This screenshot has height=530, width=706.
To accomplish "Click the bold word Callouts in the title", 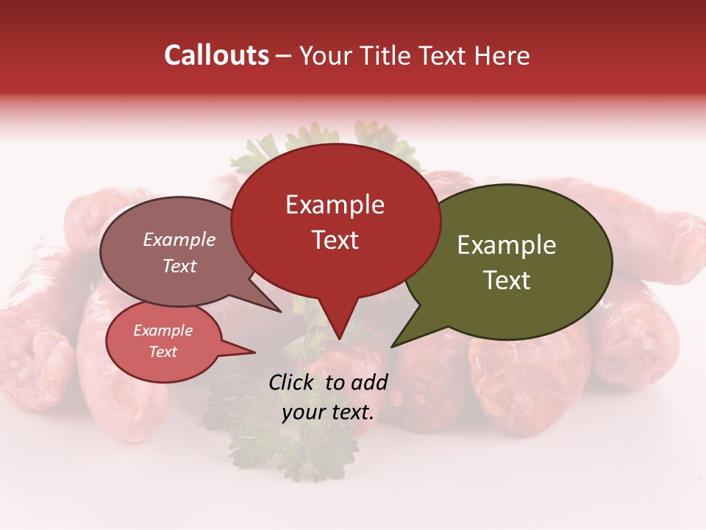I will (x=216, y=55).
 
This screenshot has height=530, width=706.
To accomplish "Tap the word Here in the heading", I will (x=502, y=55).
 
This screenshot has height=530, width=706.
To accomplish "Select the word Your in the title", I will (x=324, y=56).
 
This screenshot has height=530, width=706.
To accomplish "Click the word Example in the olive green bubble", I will (x=507, y=245).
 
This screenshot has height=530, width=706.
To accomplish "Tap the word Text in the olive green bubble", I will (x=507, y=280).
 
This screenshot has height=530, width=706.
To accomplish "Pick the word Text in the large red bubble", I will (x=335, y=240).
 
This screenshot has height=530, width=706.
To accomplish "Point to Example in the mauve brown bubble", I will (x=179, y=239).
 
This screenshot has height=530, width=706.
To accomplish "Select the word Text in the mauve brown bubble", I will (x=179, y=266).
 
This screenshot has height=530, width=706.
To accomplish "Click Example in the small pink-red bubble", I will (x=163, y=331).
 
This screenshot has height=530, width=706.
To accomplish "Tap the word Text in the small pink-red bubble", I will (x=163, y=352).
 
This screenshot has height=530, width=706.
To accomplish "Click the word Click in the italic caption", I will (x=292, y=382).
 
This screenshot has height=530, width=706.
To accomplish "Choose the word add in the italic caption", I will (x=369, y=382).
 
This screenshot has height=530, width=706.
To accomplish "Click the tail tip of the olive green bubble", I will (x=392, y=347).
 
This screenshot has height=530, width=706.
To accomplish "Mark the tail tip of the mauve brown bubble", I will (x=282, y=312).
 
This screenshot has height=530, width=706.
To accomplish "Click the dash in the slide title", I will (x=284, y=56).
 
